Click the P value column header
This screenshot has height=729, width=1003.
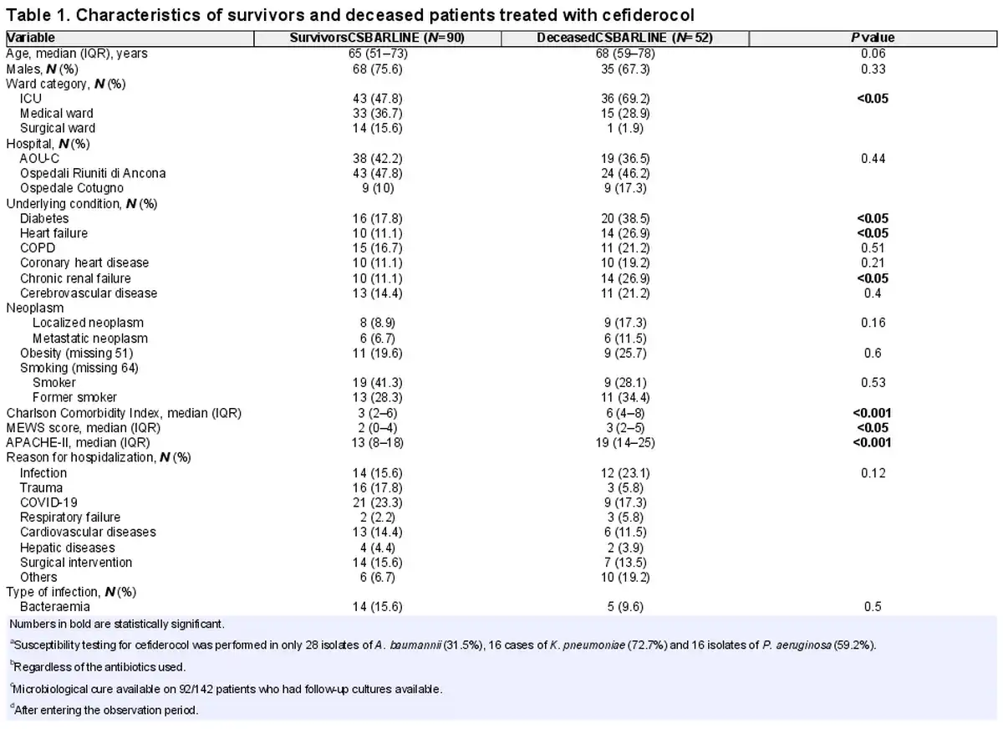pos(873,38)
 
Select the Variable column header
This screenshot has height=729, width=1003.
pos(30,38)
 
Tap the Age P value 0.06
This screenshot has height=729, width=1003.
pos(873,54)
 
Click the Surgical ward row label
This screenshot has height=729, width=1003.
pos(58,128)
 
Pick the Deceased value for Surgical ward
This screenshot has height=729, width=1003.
pos(625,128)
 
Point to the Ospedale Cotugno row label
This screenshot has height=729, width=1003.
pos(71,188)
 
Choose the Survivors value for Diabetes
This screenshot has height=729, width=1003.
pos(377,218)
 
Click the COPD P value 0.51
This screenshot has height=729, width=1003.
pos(873,248)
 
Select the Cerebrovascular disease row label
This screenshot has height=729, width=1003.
pos(89,293)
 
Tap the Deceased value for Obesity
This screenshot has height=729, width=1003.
pos(625,354)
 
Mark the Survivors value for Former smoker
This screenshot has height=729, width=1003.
pos(377,398)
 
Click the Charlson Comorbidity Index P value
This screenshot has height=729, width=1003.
pos(872,413)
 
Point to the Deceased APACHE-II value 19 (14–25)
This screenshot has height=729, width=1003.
pos(625,443)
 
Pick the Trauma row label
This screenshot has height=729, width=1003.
pos(41,487)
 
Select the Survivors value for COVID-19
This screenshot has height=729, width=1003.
pos(377,503)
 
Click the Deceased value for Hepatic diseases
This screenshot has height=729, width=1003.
pos(625,548)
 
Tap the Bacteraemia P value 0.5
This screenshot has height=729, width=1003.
pos(873,607)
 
